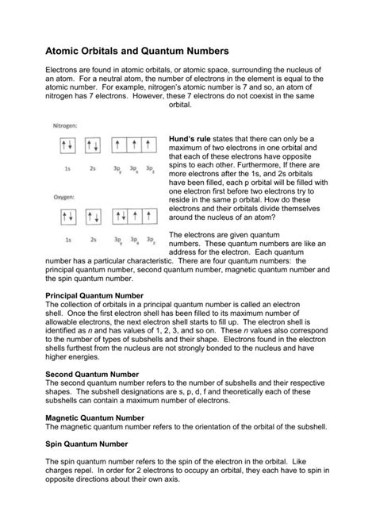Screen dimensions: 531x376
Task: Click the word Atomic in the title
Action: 66,48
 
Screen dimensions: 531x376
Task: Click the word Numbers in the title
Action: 203,48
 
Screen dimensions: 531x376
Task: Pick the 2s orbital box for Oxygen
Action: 93,216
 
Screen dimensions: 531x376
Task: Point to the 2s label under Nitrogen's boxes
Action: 93,168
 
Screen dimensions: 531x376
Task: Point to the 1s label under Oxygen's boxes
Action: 68,238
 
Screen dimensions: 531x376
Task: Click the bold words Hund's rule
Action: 192,137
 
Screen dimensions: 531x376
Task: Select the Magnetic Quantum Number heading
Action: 94,417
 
